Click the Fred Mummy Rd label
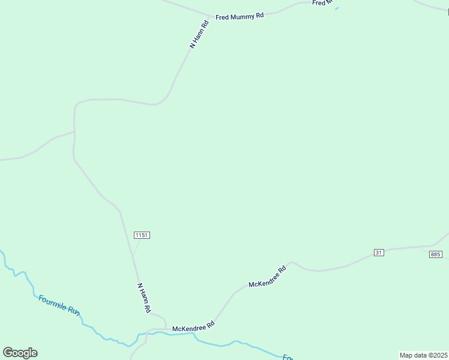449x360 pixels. [x=240, y=17]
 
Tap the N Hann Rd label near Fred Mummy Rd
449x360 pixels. [x=199, y=34]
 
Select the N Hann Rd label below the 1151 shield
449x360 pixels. [x=144, y=298]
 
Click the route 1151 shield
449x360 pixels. [x=142, y=235]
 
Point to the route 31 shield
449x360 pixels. [x=378, y=252]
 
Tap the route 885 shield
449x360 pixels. [x=436, y=254]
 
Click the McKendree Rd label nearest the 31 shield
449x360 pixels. [x=268, y=277]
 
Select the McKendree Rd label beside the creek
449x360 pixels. [x=193, y=328]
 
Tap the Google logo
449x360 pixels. [x=20, y=353]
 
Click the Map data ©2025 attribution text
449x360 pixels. [x=424, y=355]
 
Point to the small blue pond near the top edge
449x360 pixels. [x=337, y=8]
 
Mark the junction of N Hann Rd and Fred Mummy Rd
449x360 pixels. [x=211, y=16]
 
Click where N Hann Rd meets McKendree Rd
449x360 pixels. [x=166, y=328]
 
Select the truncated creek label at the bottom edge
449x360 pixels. [x=288, y=358]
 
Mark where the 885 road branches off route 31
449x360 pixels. [x=422, y=247]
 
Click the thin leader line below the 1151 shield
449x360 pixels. [x=136, y=247]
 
